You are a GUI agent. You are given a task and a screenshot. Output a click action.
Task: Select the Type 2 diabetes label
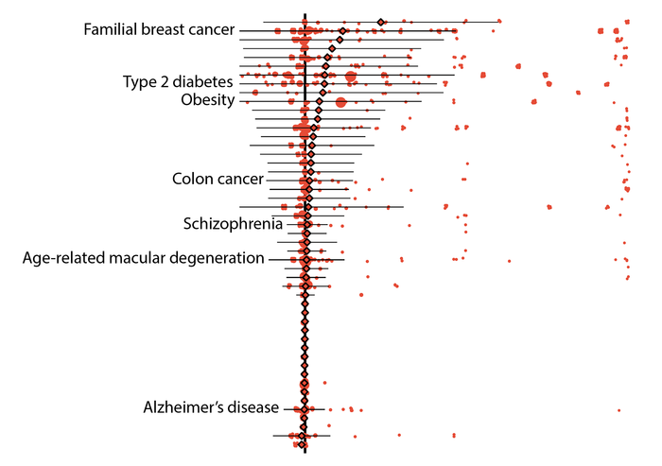(x=178, y=82)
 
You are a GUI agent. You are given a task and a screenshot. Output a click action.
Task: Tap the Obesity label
(x=207, y=100)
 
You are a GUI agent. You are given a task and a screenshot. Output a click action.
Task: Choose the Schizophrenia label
(x=232, y=224)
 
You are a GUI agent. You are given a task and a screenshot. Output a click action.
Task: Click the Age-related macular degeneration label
(x=143, y=258)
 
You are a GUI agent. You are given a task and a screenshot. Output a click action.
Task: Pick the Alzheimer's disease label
(x=211, y=408)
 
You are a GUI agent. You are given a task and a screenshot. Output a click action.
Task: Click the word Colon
(x=192, y=179)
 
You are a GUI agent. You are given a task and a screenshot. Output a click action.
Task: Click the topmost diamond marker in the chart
(x=380, y=21)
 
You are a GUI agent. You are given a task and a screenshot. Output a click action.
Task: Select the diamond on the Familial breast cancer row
(x=342, y=31)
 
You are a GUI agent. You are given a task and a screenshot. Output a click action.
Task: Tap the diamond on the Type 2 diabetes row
(x=324, y=83)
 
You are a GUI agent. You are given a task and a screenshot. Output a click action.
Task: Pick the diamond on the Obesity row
(x=321, y=101)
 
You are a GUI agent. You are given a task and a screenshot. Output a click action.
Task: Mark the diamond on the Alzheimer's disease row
(x=303, y=408)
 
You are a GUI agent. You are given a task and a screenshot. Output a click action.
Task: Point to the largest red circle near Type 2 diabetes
(x=351, y=77)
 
